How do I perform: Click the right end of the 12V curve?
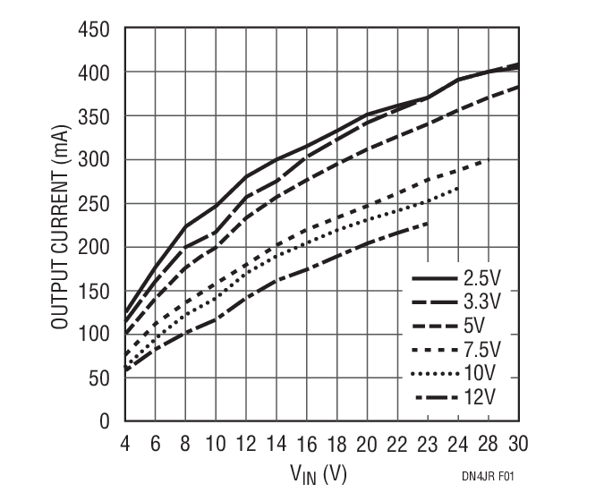428,223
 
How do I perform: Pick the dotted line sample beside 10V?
433,371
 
